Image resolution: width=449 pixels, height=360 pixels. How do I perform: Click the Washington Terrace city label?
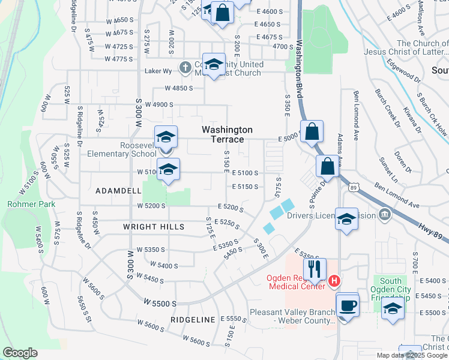[227, 134]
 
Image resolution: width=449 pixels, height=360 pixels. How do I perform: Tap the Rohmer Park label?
[31, 204]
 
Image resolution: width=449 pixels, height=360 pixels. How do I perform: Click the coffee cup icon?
[347, 305]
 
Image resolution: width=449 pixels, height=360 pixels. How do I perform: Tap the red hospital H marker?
[335, 280]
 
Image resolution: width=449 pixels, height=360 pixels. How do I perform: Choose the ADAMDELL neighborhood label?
[118, 190]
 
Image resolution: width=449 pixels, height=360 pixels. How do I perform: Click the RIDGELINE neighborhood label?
[193, 320]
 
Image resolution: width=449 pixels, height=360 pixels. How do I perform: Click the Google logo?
[20, 353]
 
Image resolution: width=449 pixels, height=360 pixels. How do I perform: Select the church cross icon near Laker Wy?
[186, 67]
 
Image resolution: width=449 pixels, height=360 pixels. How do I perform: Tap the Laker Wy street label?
[158, 71]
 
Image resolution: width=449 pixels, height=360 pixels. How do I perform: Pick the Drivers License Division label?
[331, 216]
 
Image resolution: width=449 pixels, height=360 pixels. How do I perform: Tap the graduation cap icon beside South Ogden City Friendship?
[393, 308]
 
